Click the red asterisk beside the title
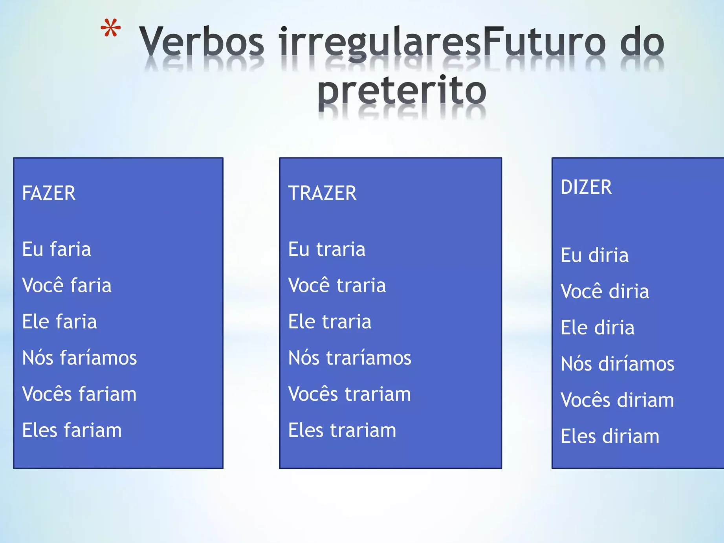110,28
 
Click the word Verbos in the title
202,40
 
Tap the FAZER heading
49,193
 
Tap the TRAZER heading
322,193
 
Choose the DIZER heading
586,187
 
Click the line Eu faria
57,249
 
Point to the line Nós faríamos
79,358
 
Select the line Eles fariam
72,430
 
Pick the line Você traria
337,285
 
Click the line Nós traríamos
350,358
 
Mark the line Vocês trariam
350,394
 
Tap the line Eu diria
595,255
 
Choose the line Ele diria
598,328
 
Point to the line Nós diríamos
618,363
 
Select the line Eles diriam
610,436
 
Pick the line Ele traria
330,321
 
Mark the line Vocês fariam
79,394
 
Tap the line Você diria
605,291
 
